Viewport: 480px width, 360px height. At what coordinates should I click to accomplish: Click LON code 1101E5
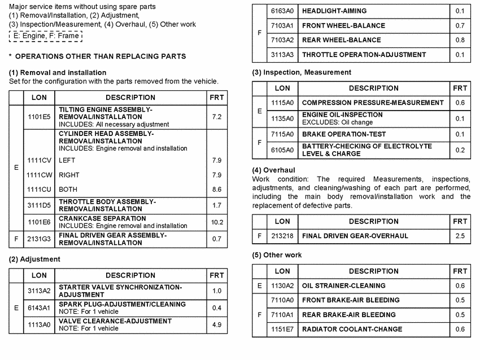pos(39,117)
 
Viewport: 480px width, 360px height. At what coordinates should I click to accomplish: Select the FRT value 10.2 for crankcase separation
pos(216,222)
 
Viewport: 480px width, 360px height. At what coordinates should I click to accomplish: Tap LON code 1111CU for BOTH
pos(39,190)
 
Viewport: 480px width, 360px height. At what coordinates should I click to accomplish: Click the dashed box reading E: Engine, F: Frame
pos(45,36)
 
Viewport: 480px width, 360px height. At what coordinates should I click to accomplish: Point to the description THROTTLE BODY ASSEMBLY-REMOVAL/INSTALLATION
pos(107,205)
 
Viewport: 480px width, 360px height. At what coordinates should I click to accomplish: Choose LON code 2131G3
pos(39,239)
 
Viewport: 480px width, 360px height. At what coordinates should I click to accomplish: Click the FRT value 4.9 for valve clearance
pos(216,324)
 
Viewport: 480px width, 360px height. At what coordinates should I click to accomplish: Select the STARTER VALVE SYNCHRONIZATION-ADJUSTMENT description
pos(120,291)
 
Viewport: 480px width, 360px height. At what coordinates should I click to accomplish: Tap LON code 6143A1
pos(39,308)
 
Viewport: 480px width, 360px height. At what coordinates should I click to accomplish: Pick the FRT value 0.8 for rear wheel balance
pos(460,40)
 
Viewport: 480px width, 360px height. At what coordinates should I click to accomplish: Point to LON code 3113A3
pos(282,55)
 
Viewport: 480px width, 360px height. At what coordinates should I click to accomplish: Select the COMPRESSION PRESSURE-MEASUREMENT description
pos(373,103)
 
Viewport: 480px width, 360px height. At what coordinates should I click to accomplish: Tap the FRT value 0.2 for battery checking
pos(460,150)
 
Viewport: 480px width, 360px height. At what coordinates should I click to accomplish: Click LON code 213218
pos(282,236)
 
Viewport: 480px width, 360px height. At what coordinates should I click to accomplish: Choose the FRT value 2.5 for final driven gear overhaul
pos(460,236)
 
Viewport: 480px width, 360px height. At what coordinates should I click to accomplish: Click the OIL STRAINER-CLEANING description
pos(344,286)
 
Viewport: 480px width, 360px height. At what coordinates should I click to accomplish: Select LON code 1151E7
pos(282,330)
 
